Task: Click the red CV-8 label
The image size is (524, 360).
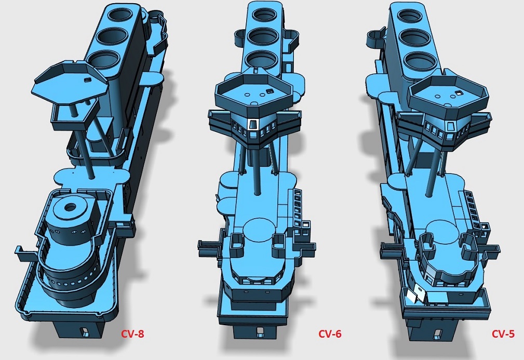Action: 132,334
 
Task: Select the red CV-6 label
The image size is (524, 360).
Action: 329,334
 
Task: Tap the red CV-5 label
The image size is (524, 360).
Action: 503,334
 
